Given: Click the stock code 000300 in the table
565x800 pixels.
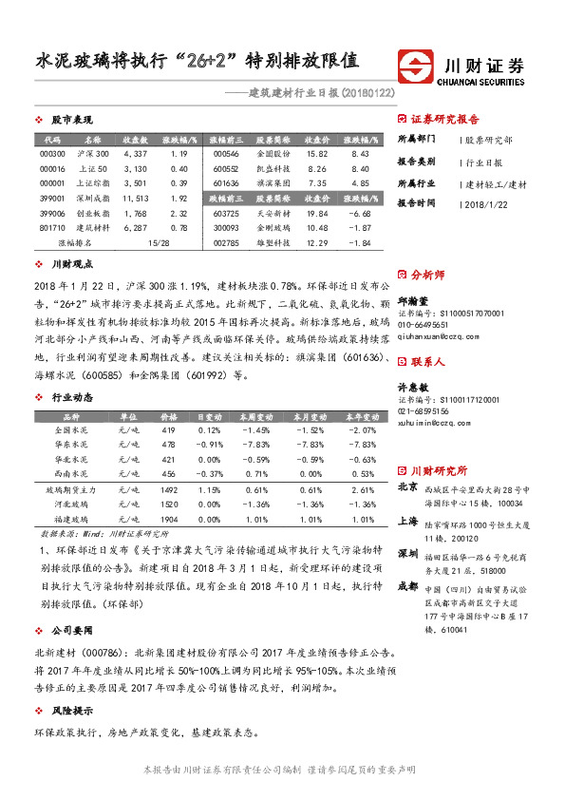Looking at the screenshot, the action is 52,153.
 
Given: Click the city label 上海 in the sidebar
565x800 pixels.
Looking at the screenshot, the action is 407,521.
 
